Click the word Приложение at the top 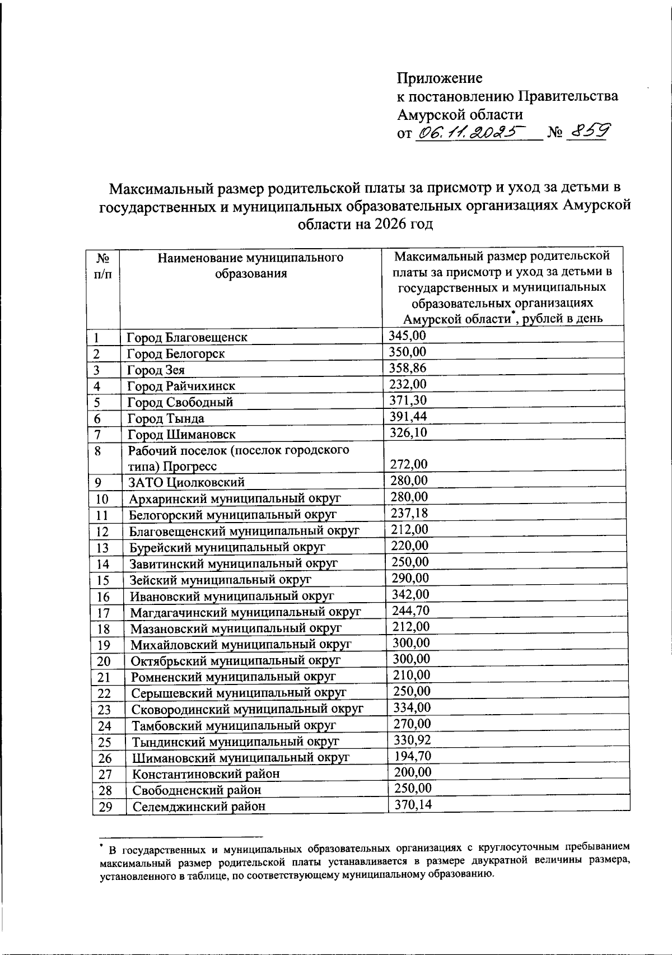click(440, 78)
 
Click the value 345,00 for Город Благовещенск click(408, 336)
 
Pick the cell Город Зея click(156, 370)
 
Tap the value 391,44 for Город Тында click(408, 416)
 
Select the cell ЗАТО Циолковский click(186, 482)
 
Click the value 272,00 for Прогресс click(408, 464)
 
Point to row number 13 click(101, 548)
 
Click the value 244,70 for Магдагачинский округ click(411, 611)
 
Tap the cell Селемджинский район click(199, 807)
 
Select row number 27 click(105, 775)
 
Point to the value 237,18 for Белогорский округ click(409, 513)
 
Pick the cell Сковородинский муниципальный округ click(248, 710)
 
